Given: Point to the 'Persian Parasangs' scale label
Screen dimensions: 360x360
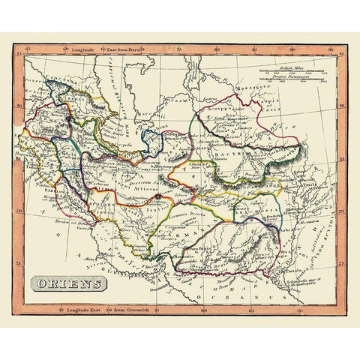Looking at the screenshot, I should (x=289, y=76).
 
